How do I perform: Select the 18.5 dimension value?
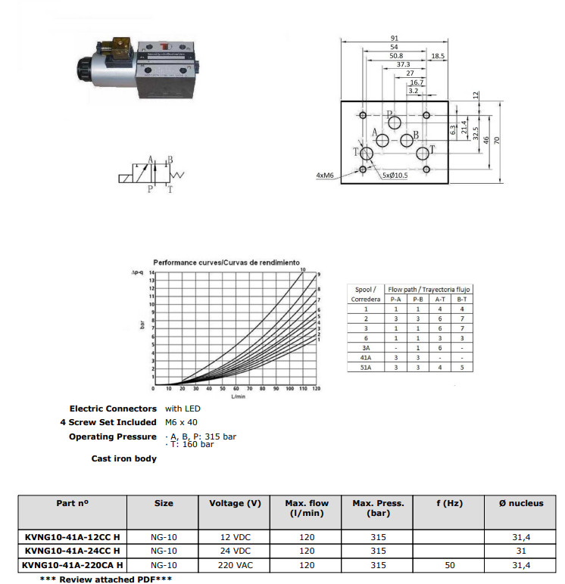438,56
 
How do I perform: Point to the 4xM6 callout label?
326,176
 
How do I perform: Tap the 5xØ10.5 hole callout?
395,176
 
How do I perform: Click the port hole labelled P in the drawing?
395,123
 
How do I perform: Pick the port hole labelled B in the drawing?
407,140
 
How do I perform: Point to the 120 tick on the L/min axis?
315,389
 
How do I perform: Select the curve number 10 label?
302,269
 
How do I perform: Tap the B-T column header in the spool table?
461,299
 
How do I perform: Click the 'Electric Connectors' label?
113,408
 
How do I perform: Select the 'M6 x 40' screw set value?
181,422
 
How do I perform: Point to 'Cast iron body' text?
124,458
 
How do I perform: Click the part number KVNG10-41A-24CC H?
72,550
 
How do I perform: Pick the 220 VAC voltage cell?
235,564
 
